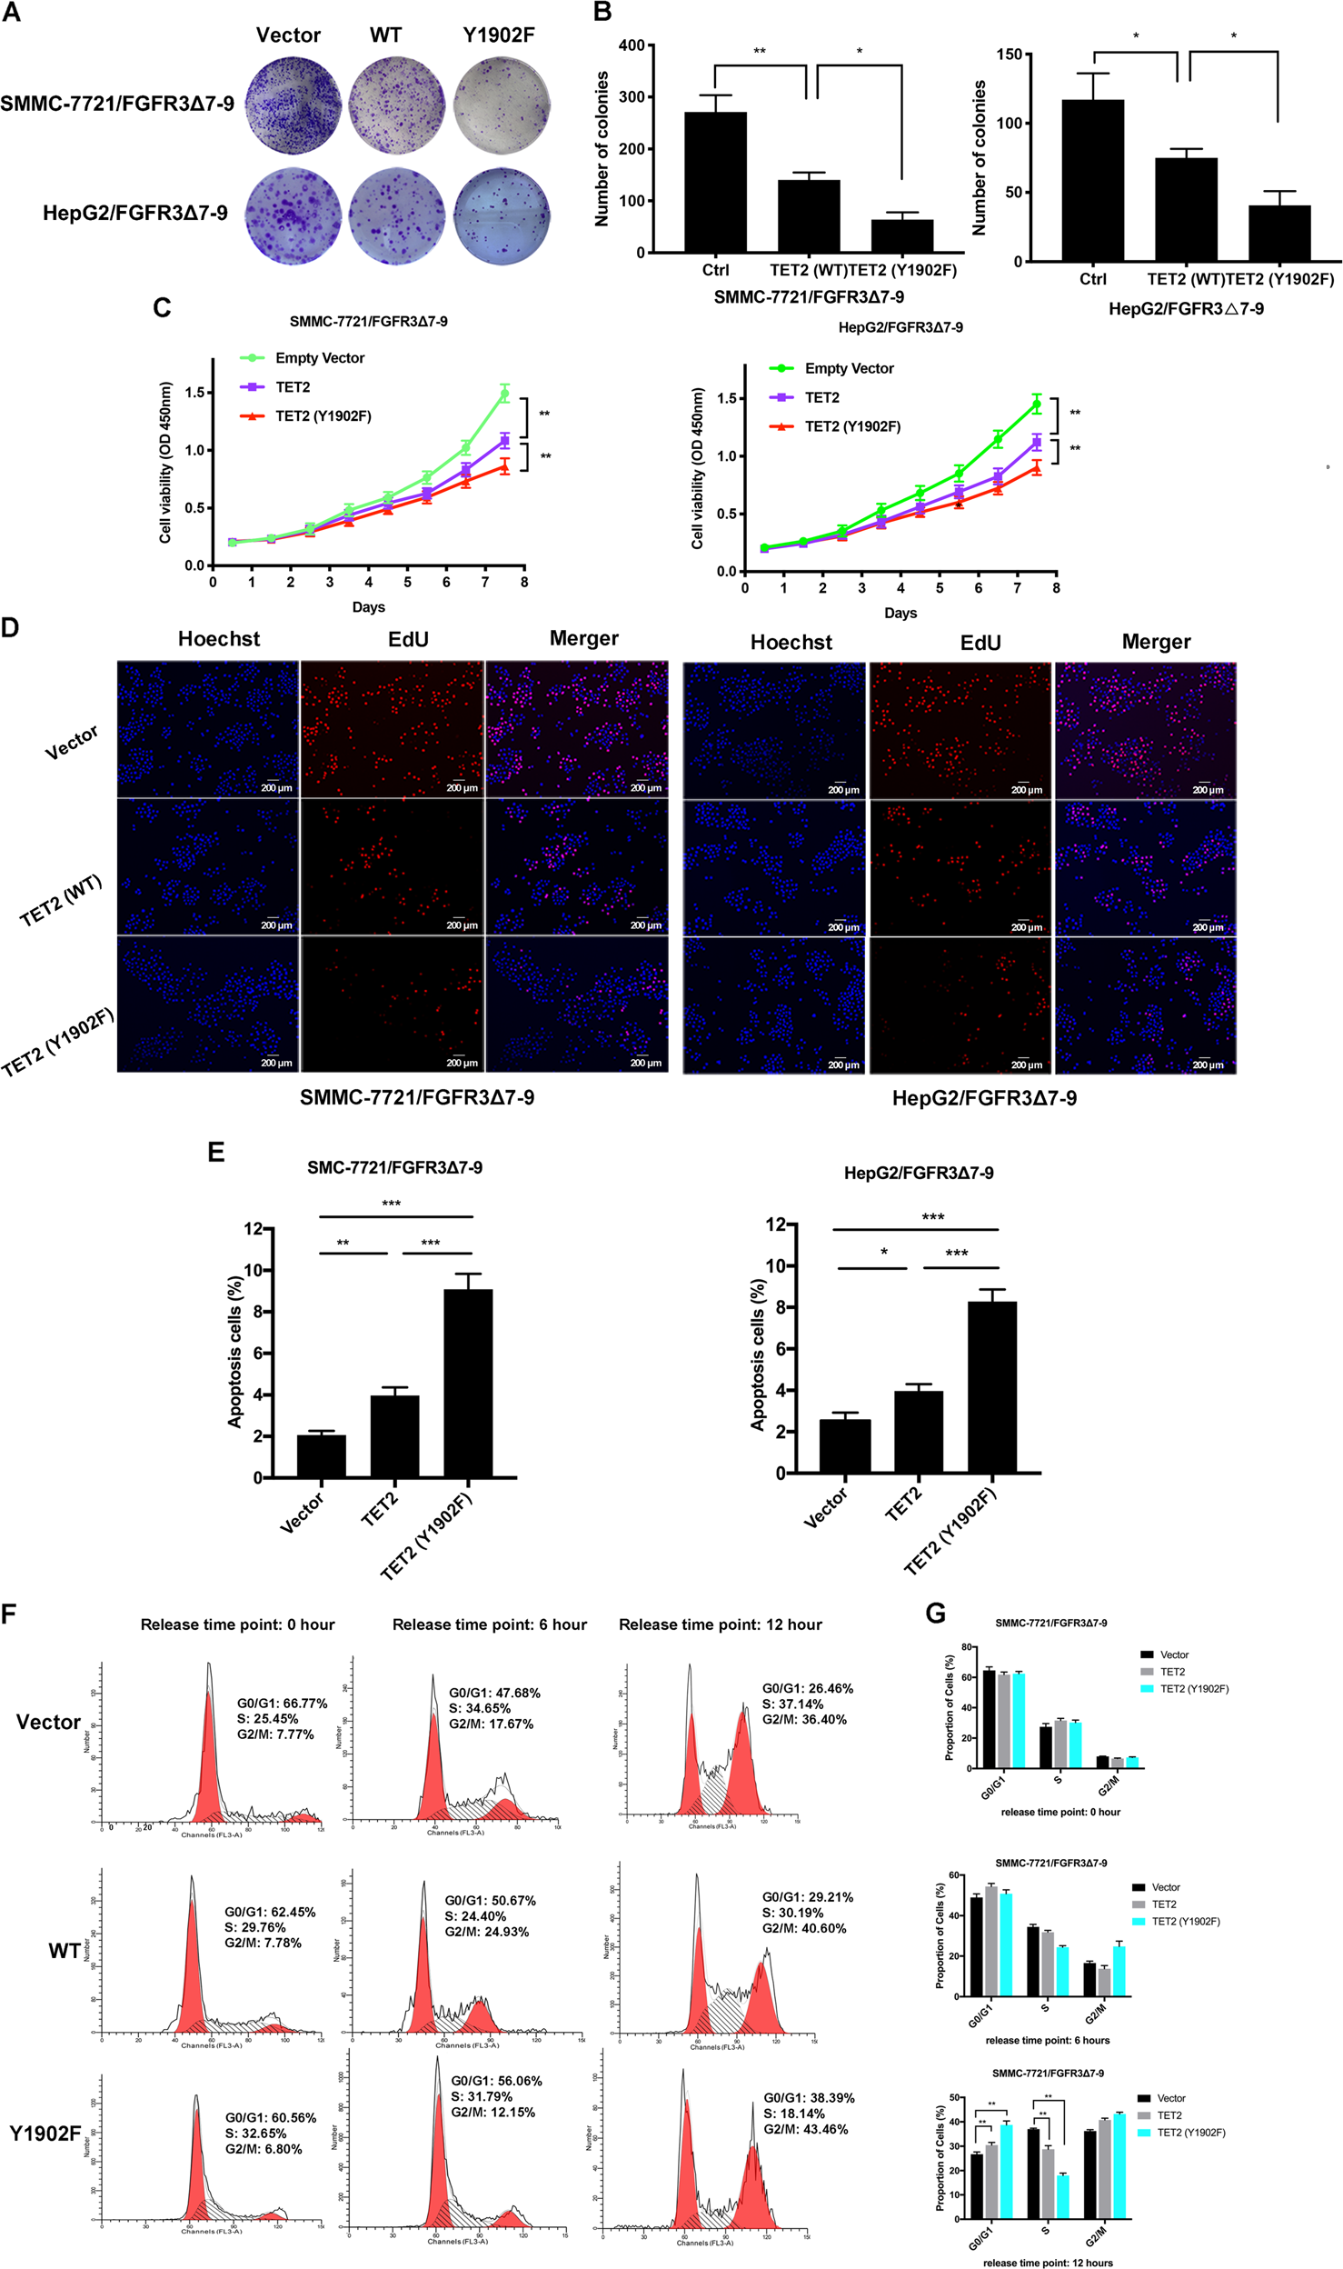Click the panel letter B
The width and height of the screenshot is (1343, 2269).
(602, 12)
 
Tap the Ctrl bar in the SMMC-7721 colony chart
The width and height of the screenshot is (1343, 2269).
(715, 182)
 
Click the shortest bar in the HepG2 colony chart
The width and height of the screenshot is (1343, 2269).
(1278, 234)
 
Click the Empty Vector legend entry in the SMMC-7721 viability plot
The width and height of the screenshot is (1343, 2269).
(319, 358)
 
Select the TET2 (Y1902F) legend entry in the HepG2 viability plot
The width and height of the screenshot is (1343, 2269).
(851, 426)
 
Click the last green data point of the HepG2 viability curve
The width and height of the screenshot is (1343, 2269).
(1036, 405)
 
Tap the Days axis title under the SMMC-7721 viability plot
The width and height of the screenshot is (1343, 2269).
(368, 607)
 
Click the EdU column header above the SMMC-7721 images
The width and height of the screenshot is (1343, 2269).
(408, 639)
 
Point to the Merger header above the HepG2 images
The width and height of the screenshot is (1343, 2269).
(1156, 642)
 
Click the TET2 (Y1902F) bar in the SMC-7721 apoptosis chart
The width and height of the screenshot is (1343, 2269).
(468, 1383)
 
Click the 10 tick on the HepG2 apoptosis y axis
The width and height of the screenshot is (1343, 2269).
(775, 1265)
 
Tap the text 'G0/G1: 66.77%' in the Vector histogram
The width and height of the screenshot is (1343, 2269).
(282, 1704)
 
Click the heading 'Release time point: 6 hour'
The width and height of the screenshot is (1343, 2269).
(489, 1624)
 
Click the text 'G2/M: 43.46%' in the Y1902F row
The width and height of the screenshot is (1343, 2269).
(805, 2129)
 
